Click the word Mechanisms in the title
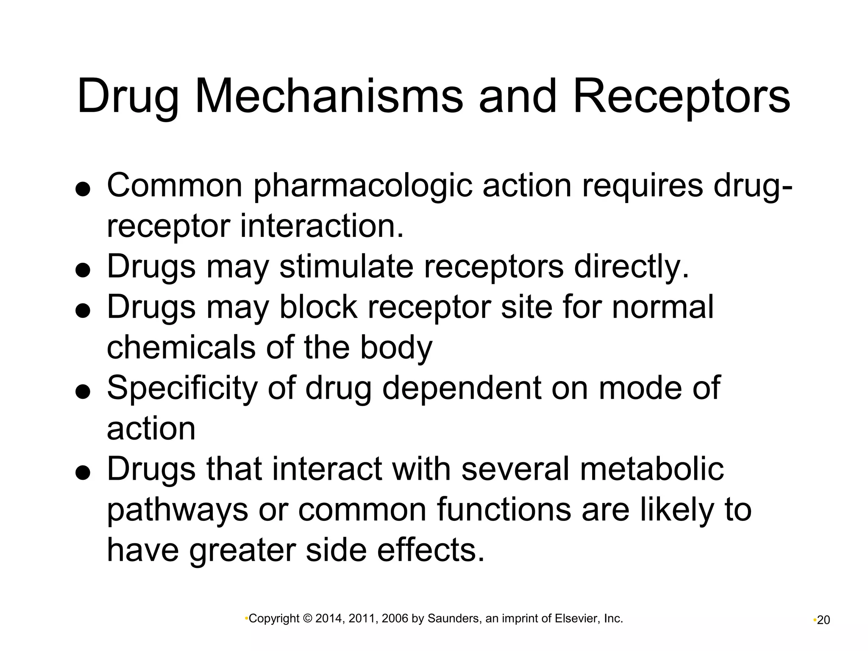(x=329, y=97)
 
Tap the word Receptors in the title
(x=682, y=97)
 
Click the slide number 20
(x=823, y=620)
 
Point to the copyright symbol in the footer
(x=307, y=619)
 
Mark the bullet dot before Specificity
(x=83, y=392)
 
